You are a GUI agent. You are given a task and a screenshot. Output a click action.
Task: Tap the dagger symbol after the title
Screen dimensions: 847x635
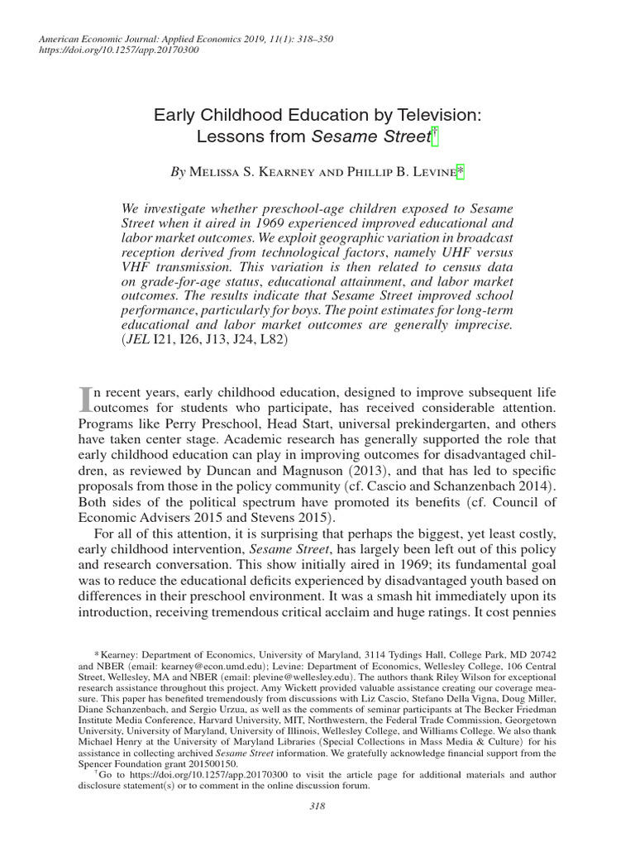435,138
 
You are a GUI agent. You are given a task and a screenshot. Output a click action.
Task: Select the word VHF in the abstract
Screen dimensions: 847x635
140,267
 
